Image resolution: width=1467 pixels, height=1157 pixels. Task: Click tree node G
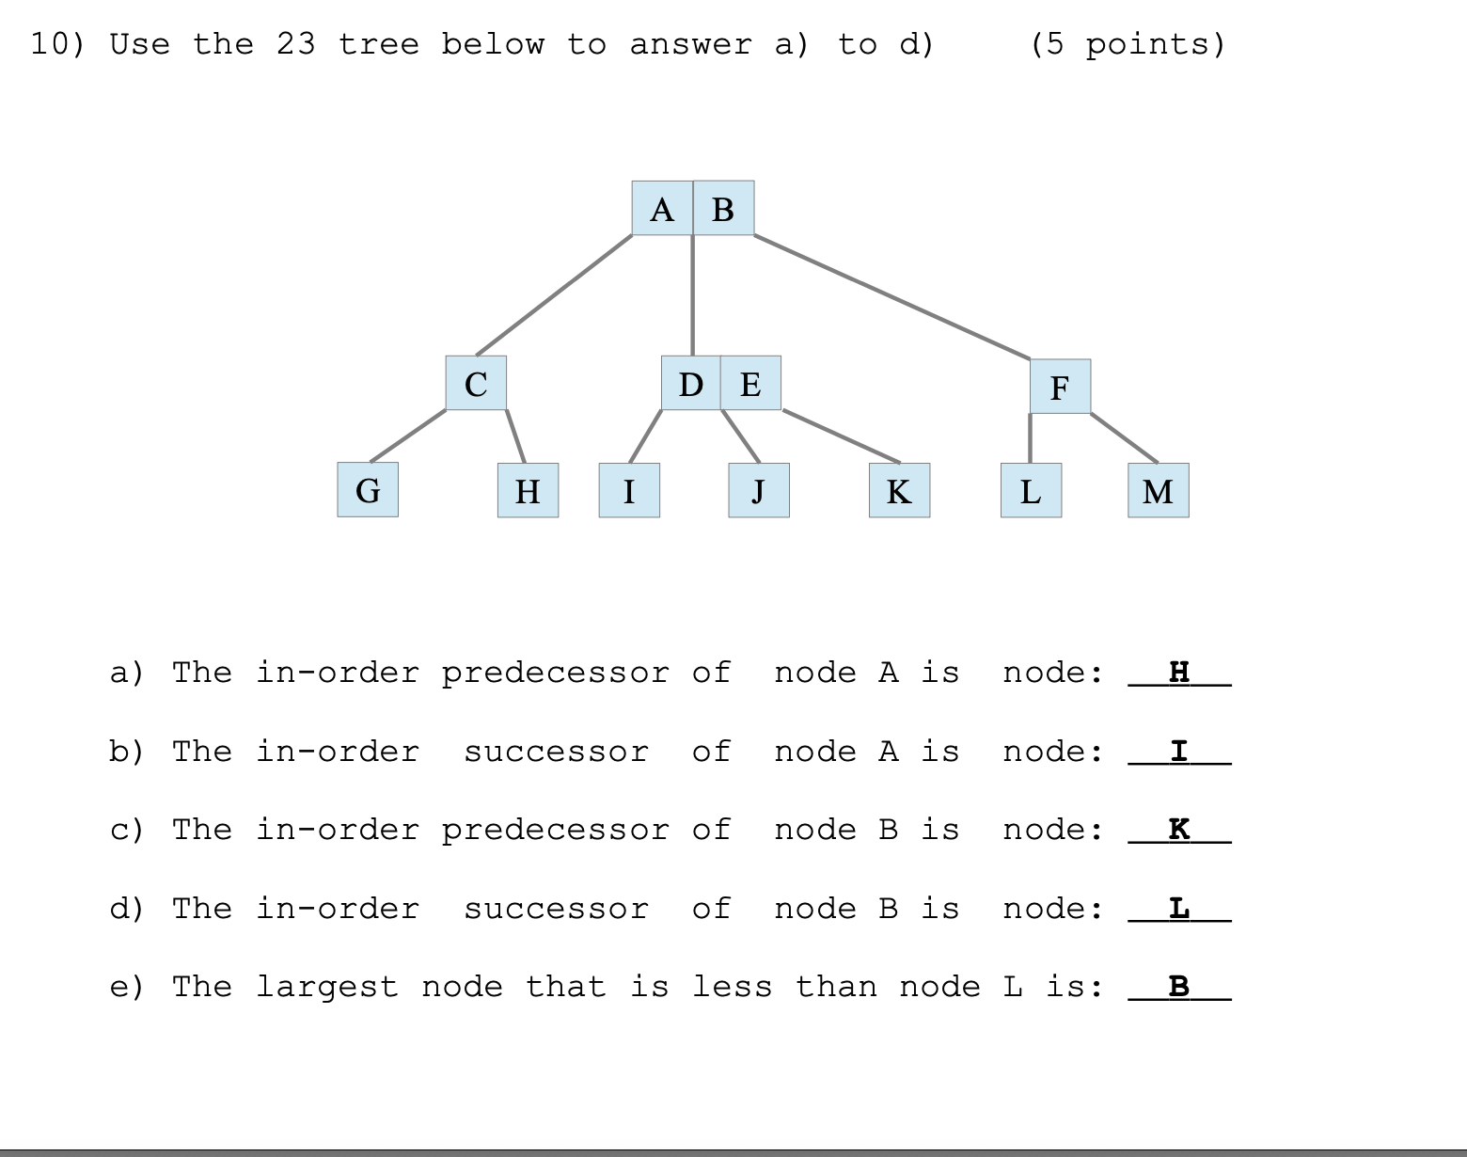368,490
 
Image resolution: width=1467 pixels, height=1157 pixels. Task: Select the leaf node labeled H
528,490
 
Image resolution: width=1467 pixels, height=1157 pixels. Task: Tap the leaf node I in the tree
629,490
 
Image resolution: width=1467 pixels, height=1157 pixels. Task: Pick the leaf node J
758,490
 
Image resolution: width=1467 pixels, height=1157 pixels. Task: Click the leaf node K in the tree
899,490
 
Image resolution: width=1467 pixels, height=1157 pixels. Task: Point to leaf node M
1158,490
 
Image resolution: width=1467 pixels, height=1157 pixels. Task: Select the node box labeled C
476,383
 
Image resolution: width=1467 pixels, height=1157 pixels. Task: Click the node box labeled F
1060,386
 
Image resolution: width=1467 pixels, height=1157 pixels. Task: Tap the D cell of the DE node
691,383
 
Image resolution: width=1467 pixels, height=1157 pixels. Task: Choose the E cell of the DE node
750,383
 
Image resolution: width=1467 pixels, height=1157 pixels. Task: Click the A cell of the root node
662,208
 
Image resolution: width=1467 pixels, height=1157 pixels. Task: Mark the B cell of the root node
723,208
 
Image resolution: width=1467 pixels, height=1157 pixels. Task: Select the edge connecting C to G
408,436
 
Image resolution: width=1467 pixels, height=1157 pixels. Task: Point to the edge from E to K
841,436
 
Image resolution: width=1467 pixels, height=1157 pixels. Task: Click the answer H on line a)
1179,672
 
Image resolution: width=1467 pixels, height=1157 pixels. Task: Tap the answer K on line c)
1179,829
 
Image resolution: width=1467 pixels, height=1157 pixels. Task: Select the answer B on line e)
1179,986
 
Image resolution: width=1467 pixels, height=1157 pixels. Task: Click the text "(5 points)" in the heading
1128,44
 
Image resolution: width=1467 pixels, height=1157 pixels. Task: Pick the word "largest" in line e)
326,987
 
